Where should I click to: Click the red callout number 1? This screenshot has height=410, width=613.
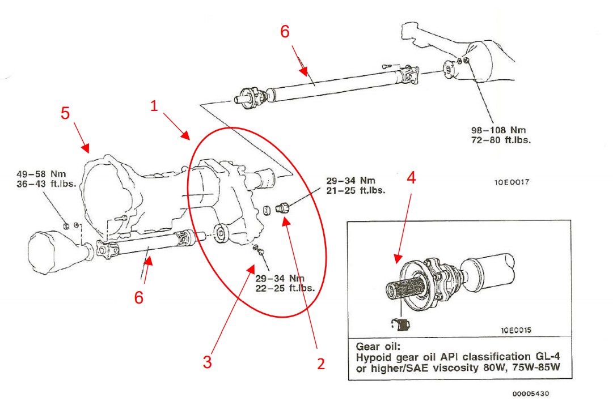[x=154, y=106]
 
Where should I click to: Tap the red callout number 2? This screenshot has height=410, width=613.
[x=320, y=364]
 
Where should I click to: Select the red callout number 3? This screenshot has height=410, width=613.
[x=207, y=362]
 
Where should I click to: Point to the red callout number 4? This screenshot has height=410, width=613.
[x=412, y=178]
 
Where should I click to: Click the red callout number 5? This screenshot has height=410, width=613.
[x=66, y=113]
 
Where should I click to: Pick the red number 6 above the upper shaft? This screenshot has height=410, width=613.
[x=285, y=32]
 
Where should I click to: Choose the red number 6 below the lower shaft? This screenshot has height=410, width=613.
[x=139, y=297]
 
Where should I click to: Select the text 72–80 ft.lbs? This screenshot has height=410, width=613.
[x=502, y=139]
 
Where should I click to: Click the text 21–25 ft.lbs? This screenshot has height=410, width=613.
[x=356, y=190]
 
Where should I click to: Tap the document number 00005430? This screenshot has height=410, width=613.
[x=530, y=394]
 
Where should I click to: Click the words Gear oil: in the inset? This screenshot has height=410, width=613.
[x=375, y=346]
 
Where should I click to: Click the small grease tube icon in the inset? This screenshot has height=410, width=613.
[x=401, y=324]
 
